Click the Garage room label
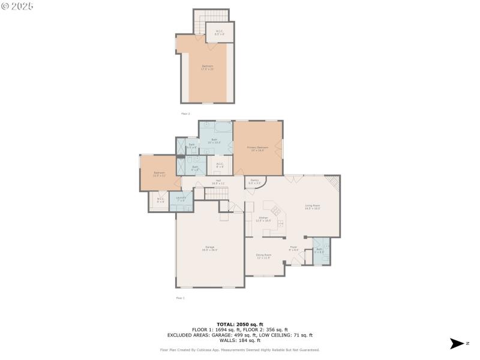click(211, 248)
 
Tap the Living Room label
click(312, 207)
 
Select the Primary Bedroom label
click(257, 148)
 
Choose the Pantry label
click(254, 181)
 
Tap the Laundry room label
click(181, 199)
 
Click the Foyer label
click(293, 248)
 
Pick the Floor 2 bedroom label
click(207, 67)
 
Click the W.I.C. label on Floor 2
click(220, 33)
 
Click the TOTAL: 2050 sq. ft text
click(239, 324)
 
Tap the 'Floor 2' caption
click(185, 113)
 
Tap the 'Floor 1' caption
click(180, 298)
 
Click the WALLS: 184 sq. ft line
click(239, 340)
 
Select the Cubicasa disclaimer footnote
click(239, 350)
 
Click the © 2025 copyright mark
click(17, 5)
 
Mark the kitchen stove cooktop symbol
click(277, 211)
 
